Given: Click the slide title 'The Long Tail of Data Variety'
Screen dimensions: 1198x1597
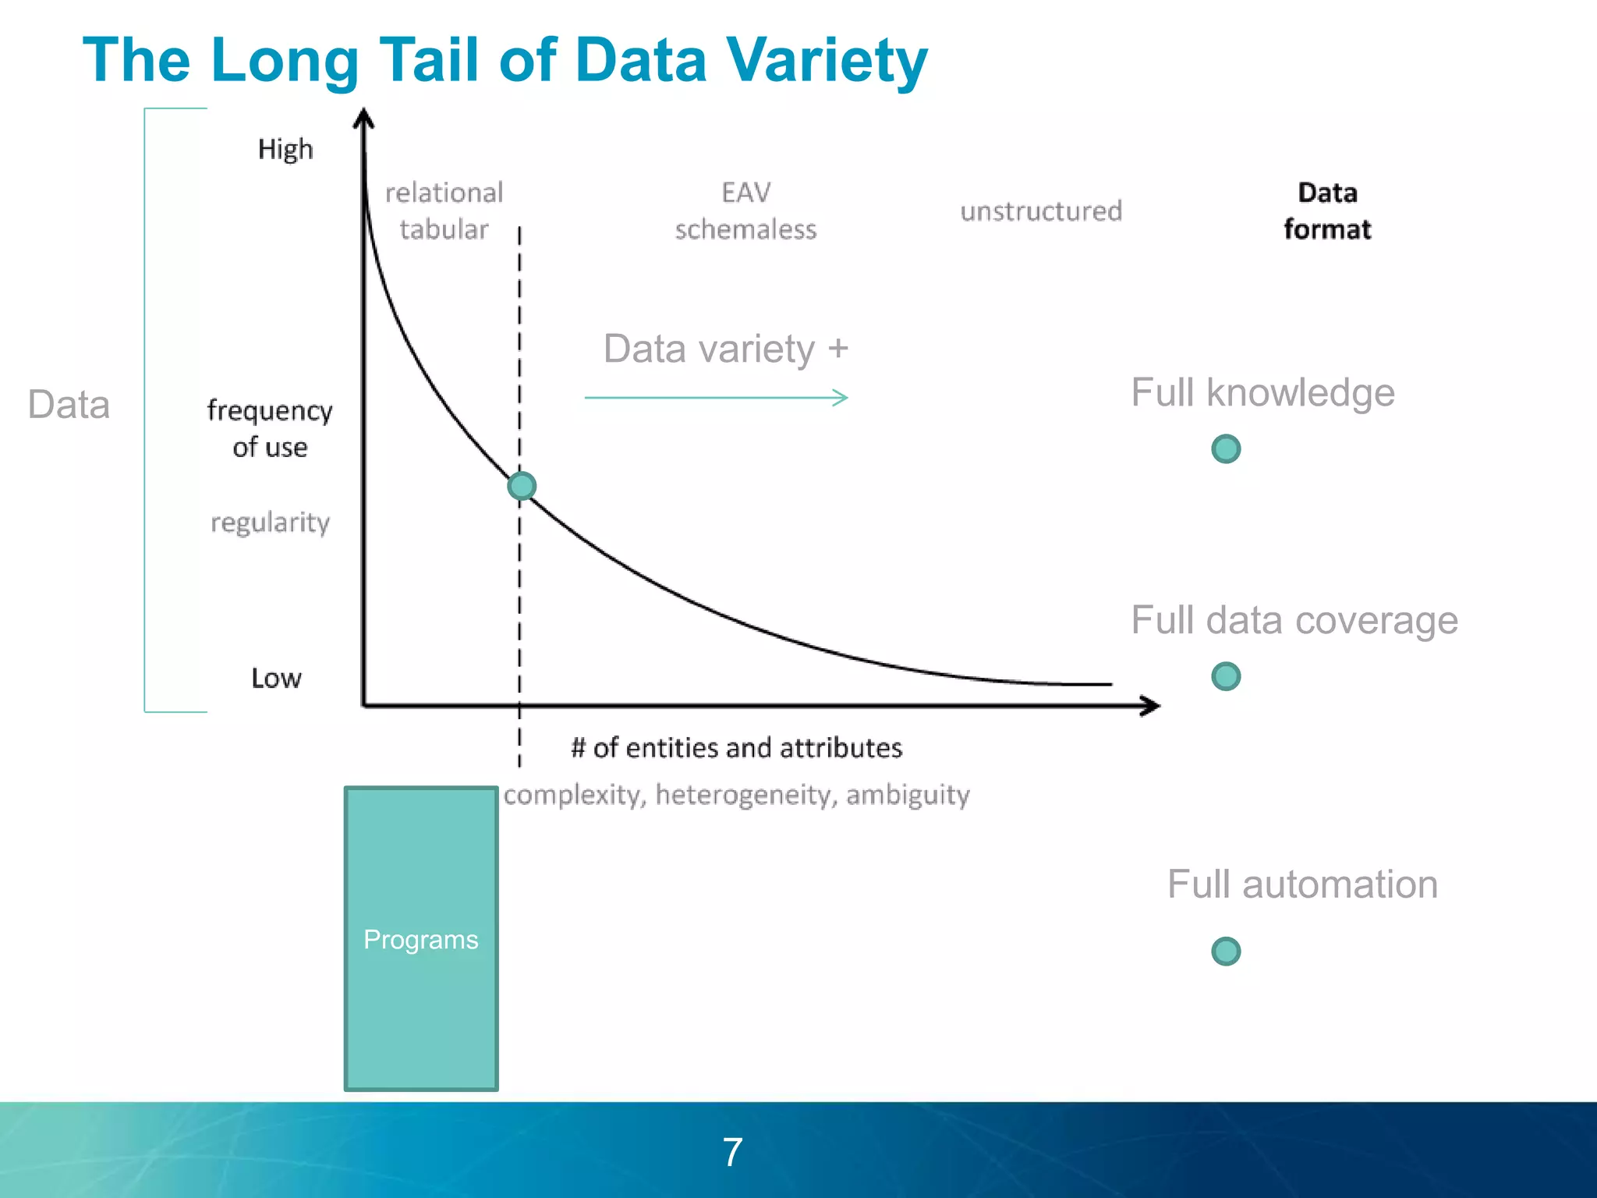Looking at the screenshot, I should (x=505, y=60).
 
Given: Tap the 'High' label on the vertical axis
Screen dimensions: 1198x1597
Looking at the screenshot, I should (x=285, y=149).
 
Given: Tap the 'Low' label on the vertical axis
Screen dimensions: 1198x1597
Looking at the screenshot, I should (x=276, y=678).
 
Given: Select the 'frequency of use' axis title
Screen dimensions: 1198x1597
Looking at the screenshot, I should (x=270, y=428).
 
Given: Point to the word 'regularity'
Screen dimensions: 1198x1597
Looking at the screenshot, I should (x=270, y=522).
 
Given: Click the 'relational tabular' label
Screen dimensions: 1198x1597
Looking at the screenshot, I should (x=444, y=211).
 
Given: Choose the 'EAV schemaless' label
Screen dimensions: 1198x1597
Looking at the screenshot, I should (x=745, y=211).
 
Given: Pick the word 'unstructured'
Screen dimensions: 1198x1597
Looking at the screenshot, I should (x=1041, y=211).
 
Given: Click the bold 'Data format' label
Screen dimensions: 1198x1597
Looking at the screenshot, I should (x=1327, y=211).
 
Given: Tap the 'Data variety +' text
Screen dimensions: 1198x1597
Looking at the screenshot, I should (x=725, y=348).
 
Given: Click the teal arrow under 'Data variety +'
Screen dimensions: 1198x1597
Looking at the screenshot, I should (x=716, y=398).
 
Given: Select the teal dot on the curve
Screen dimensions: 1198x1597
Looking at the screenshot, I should (x=522, y=486).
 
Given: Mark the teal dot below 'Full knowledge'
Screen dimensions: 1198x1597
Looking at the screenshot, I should (x=1226, y=448).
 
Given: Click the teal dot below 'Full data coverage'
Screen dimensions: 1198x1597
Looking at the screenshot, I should (x=1226, y=676).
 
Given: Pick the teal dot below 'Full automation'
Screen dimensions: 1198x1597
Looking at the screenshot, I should (x=1226, y=951).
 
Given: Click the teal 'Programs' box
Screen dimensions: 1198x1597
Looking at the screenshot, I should (x=421, y=938).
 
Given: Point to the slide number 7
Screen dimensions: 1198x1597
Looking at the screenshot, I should (x=732, y=1152).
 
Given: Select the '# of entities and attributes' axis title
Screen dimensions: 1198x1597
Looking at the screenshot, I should (x=736, y=747).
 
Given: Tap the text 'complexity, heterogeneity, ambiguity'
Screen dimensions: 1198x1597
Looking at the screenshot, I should (x=736, y=795).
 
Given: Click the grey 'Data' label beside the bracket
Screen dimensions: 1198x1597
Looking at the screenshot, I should (x=69, y=404).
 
